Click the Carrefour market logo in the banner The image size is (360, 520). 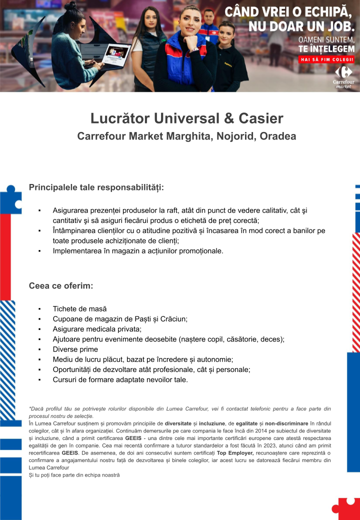point(343,75)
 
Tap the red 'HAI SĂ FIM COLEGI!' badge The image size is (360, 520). point(326,59)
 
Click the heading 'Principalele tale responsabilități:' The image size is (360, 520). point(96,187)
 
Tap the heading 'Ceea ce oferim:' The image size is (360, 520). point(61,286)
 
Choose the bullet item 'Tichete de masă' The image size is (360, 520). point(79,309)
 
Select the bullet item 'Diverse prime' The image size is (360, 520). point(75,349)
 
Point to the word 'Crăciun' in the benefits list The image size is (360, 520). point(171,319)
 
